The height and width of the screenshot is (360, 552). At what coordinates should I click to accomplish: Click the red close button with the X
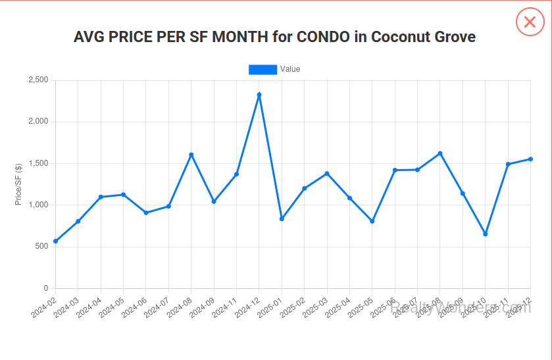pos(530,22)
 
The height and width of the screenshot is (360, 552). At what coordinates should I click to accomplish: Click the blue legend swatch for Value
pos(263,69)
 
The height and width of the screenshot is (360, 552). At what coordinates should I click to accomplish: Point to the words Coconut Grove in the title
pos(423,37)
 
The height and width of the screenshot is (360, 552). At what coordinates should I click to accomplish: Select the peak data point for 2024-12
pos(259,95)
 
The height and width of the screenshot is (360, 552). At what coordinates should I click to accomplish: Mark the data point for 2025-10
pos(486,234)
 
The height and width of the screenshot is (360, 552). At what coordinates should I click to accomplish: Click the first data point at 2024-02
pos(56,242)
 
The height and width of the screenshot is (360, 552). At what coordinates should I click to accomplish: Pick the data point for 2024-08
pos(191,155)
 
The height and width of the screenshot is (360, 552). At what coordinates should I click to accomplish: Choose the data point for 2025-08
pos(440,153)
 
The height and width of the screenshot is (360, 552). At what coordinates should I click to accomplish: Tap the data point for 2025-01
pos(282,219)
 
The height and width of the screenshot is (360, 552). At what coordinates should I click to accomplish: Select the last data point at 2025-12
pos(530,159)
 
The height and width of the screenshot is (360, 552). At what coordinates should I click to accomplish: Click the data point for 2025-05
pos(372,221)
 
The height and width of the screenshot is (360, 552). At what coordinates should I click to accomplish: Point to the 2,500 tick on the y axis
pos(38,80)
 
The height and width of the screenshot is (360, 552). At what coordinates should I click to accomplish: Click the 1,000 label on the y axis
pos(38,205)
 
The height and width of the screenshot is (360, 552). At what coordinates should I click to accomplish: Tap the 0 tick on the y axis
pos(46,288)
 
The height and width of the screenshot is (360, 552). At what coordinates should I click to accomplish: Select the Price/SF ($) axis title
pos(19,184)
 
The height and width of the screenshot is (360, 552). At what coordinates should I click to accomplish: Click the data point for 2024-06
pos(146,213)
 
